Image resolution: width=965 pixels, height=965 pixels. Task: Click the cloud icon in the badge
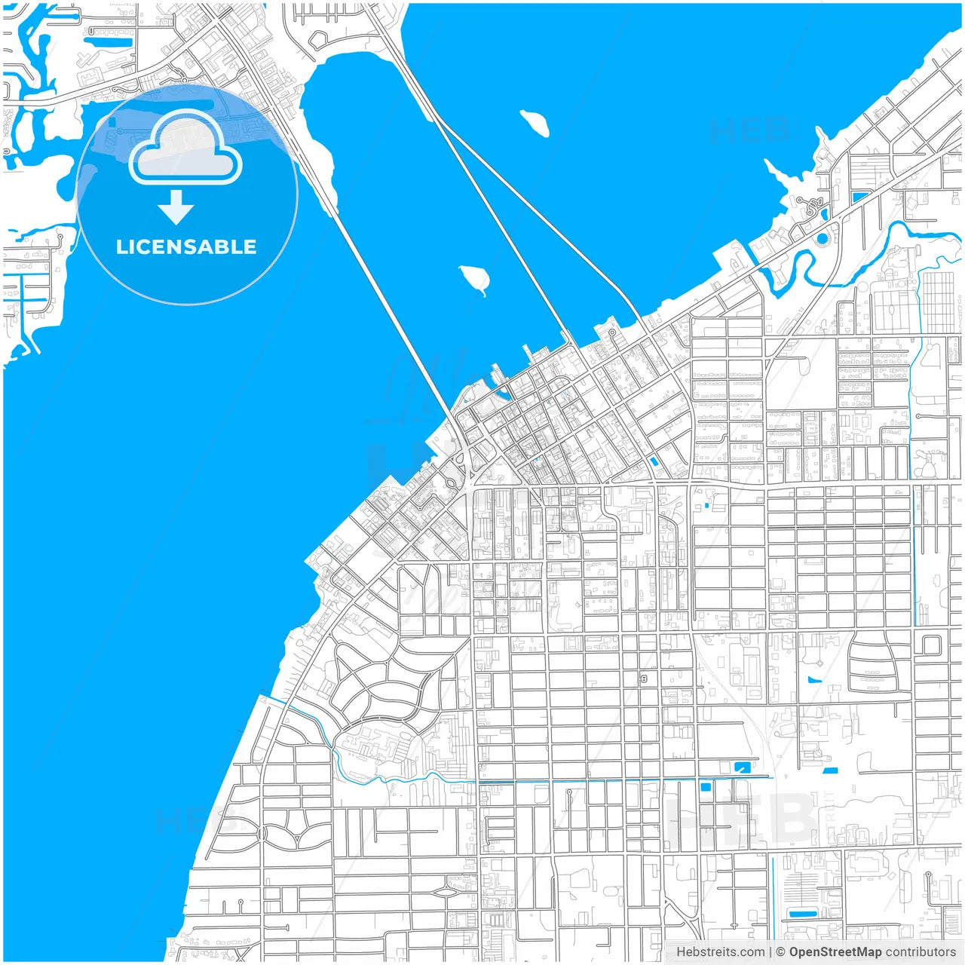[x=185, y=149]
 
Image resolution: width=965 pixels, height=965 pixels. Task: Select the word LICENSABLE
[x=186, y=247]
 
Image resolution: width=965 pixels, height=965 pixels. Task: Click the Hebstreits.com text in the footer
[x=720, y=952]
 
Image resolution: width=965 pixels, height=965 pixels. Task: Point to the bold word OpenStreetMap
[x=835, y=952]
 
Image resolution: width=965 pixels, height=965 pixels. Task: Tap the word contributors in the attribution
[x=921, y=952]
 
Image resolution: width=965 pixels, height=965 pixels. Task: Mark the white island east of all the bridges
[x=535, y=122]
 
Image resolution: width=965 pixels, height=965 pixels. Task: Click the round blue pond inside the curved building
[x=821, y=239]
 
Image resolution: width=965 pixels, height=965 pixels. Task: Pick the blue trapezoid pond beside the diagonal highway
[x=859, y=198]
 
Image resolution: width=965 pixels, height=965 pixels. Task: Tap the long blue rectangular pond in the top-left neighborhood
[x=109, y=41]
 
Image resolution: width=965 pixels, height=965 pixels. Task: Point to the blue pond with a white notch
[x=742, y=767]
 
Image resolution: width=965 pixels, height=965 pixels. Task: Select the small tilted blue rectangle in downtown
[x=654, y=461]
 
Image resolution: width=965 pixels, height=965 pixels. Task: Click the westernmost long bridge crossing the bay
[x=392, y=317]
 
